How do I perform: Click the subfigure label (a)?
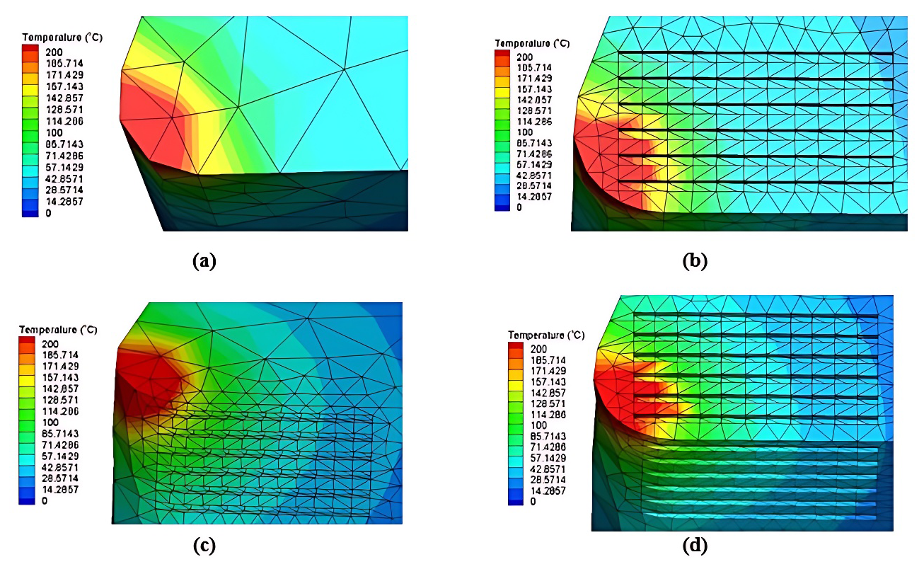pos(204,261)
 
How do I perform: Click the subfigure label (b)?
pos(695,261)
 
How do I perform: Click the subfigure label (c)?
pos(204,545)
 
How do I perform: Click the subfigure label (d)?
pos(695,545)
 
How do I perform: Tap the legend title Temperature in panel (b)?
pos(532,44)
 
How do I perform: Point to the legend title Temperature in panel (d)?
pos(545,335)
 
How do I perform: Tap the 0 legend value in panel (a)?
pos(48,213)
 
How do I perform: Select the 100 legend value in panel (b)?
pos(526,132)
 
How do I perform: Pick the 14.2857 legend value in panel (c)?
pos(63,490)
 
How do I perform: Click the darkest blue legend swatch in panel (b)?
pos(502,207)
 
